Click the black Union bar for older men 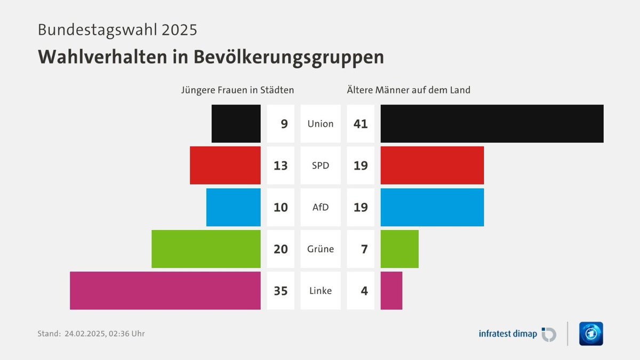coord(492,124)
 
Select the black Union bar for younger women coord(236,124)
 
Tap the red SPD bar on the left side coord(225,165)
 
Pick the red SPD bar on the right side coord(432,165)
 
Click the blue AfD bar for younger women coord(233,207)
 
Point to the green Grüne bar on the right coord(399,249)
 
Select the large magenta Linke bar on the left coord(165,291)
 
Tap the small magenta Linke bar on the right coord(391,291)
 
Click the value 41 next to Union coord(361,124)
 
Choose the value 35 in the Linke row coord(281,291)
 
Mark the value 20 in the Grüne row coord(281,249)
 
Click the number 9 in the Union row coord(284,124)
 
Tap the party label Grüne coord(321,249)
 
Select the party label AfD coord(321,207)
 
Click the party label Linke coord(321,291)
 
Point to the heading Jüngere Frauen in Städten coord(237,90)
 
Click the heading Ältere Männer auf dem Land coord(409,90)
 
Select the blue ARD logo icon coord(591,334)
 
